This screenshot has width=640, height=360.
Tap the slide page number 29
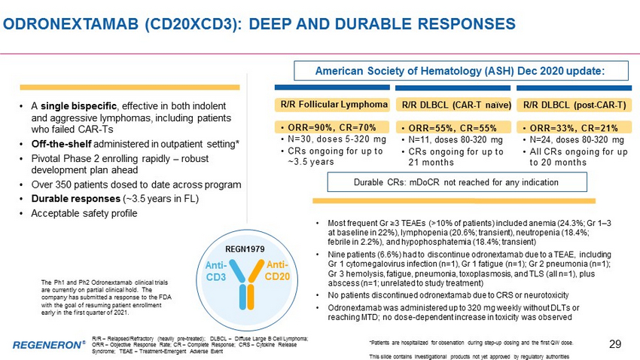coord(615,344)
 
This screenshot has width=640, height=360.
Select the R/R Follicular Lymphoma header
coord(334,105)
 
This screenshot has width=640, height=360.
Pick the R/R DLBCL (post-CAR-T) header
coord(574,105)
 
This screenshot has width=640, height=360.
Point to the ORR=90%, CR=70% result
coord(332,127)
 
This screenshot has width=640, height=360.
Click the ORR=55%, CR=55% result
coord(453,128)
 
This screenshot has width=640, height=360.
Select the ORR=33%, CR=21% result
coord(574,128)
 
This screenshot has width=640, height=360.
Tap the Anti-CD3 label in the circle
coord(216,271)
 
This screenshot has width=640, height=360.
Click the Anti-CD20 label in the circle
coord(277,270)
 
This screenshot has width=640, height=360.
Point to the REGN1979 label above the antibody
coord(245,249)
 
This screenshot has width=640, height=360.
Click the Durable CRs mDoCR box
coord(457,182)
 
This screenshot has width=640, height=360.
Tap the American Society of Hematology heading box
coord(462,71)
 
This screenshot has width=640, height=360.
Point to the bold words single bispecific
coord(78,106)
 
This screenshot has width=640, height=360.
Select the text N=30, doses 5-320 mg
coord(337,139)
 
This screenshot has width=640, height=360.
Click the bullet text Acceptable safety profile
coord(84,213)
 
